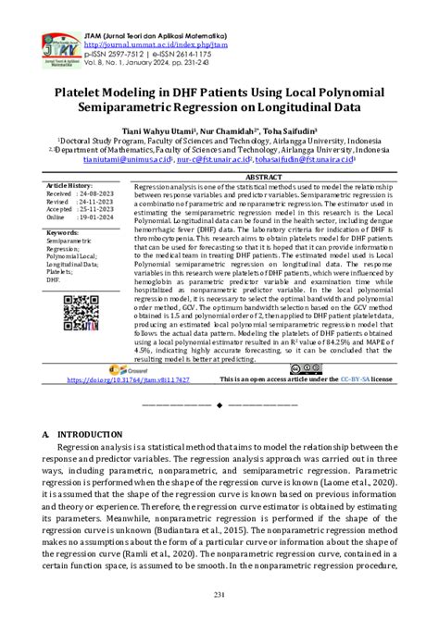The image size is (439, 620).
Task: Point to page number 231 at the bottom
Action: [x=219, y=593]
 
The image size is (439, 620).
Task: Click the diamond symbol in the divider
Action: [x=219, y=405]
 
